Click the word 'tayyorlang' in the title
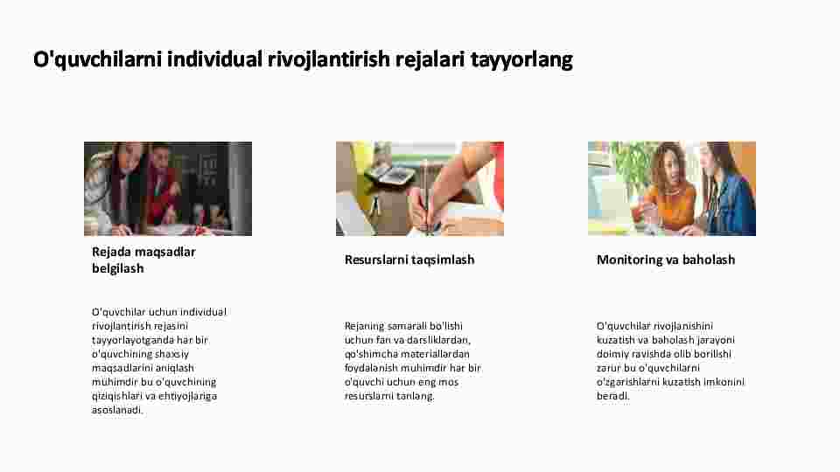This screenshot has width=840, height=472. pos(521,59)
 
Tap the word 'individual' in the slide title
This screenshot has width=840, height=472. pos(215,59)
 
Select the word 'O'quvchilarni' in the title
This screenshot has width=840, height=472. pos(97,59)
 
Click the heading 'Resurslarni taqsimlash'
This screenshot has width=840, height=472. pos(409,260)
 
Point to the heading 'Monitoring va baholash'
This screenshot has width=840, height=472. pos(666,260)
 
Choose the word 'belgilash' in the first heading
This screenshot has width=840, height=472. pos(118,268)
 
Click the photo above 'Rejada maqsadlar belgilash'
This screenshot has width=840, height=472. pos(168,189)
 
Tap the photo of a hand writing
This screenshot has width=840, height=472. pos(420,189)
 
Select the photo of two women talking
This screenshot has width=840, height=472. pos(672,189)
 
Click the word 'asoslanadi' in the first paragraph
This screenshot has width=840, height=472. pos(116,410)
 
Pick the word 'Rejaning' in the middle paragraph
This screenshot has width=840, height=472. pos(364,326)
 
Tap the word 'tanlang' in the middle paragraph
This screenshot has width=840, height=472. pos(417,396)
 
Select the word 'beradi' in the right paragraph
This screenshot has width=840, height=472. pos(612,396)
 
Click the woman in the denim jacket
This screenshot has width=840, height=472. pos(727,190)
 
